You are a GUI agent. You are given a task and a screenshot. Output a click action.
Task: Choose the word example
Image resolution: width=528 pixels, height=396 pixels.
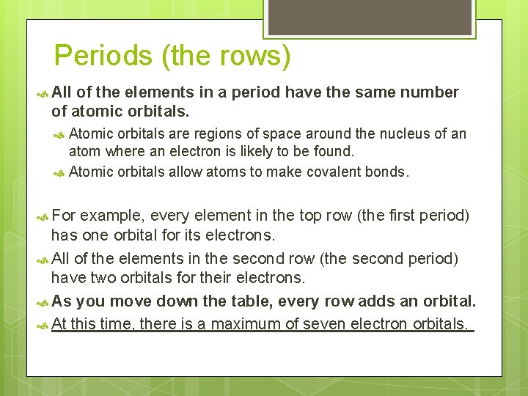pyautogui.click(x=110, y=216)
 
